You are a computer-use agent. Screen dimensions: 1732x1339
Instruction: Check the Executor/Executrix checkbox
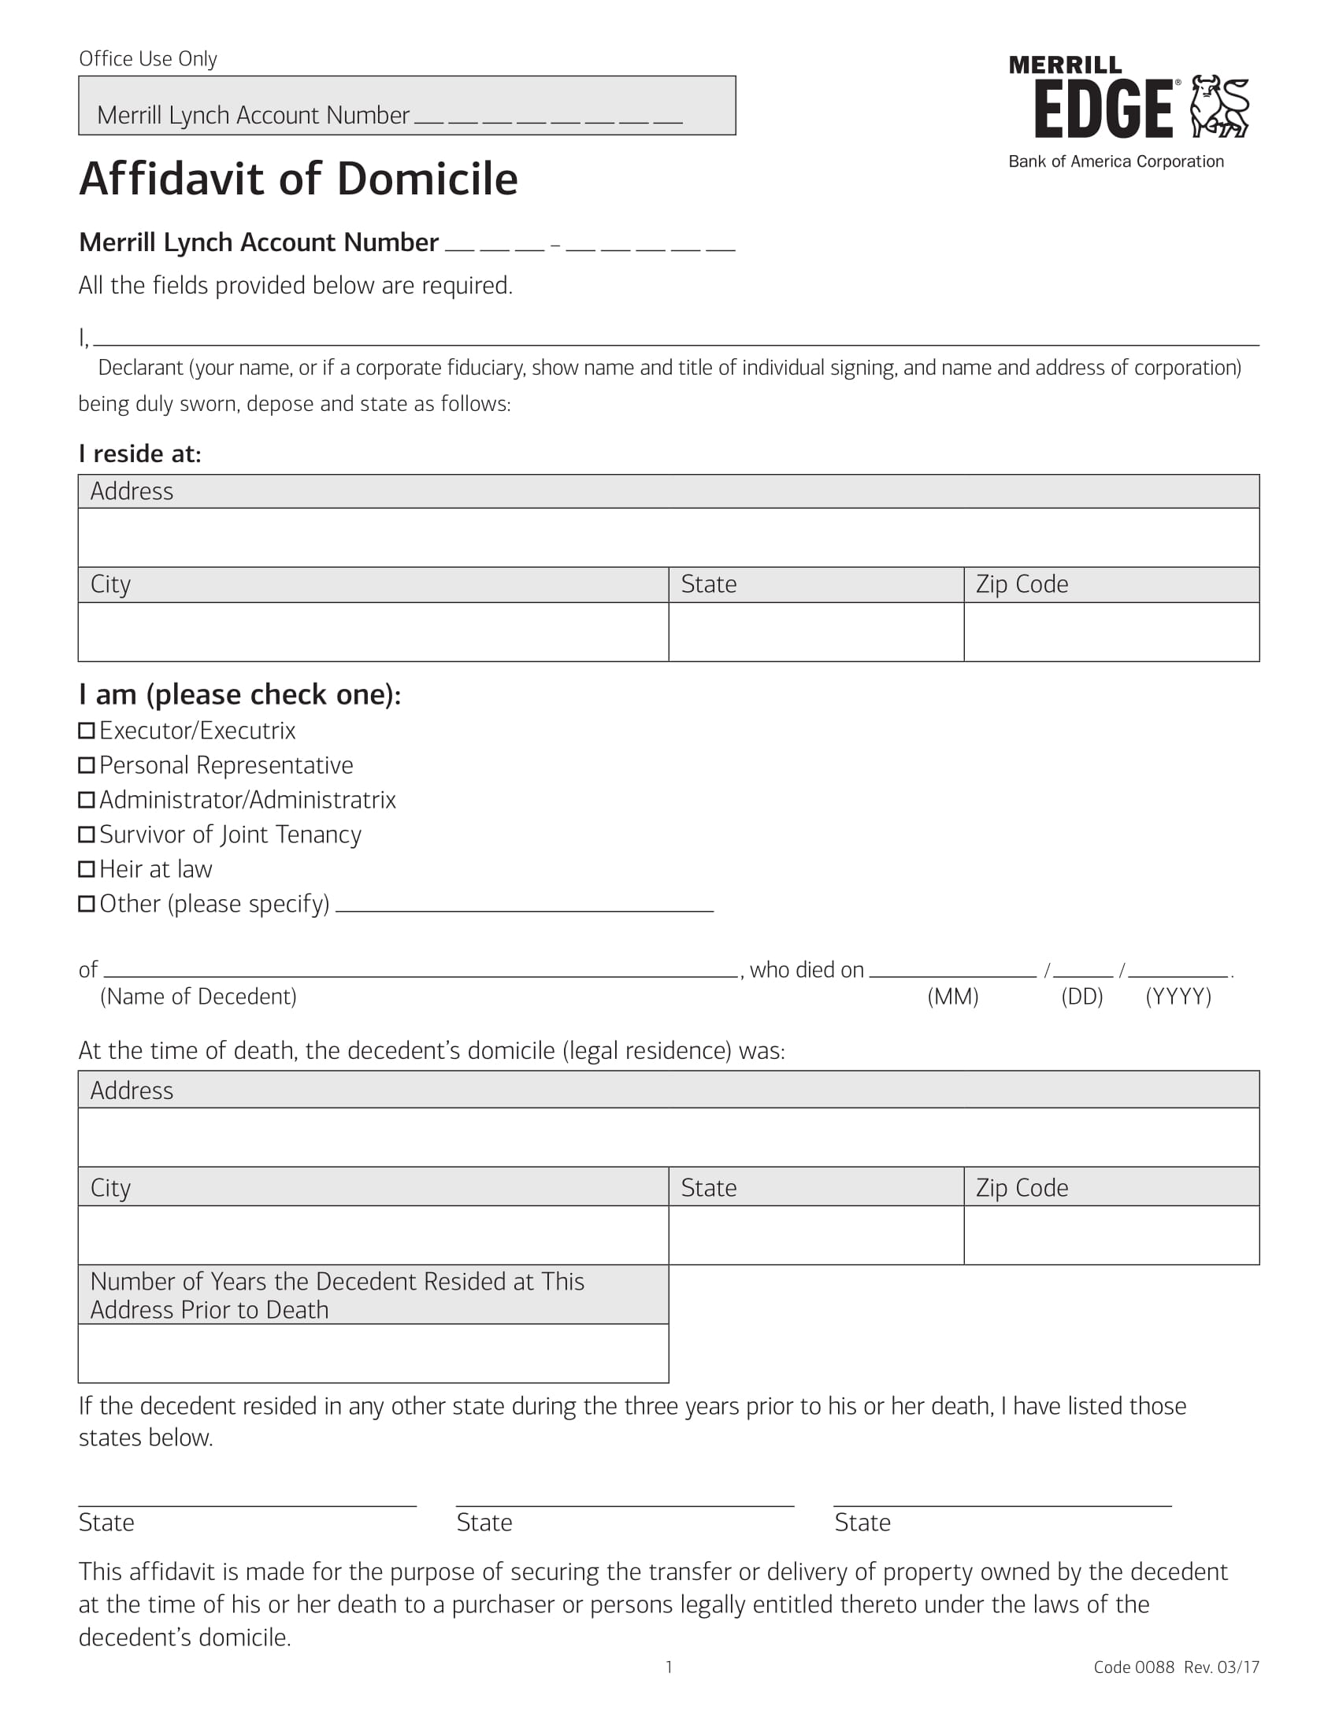87,731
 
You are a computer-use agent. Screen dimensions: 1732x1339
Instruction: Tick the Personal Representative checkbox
87,765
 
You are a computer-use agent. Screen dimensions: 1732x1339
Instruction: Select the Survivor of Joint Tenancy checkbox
87,835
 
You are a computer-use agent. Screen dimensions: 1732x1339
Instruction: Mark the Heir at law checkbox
87,869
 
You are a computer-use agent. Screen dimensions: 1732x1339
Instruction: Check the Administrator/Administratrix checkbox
87,799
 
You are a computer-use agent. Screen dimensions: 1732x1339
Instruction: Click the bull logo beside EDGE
1220,106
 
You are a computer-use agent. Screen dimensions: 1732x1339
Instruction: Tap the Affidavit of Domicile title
299,179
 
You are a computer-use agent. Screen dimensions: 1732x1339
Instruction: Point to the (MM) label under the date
953,997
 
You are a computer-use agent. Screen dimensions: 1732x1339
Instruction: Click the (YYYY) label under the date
1178,997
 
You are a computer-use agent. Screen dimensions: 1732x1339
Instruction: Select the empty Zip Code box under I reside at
1111,632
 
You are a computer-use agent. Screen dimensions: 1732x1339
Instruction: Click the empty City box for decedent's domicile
373,1234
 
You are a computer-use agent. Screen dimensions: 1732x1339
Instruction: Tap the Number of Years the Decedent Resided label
337,1295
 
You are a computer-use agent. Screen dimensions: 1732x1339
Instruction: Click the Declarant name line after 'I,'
674,338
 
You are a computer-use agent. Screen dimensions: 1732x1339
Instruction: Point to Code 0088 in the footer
1133,1667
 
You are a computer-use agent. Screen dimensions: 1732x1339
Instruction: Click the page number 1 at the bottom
669,1667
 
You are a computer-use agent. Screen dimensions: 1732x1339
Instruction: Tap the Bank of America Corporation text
1115,161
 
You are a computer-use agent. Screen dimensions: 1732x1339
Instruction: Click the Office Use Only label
147,60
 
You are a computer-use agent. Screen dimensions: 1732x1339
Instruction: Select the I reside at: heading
140,453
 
